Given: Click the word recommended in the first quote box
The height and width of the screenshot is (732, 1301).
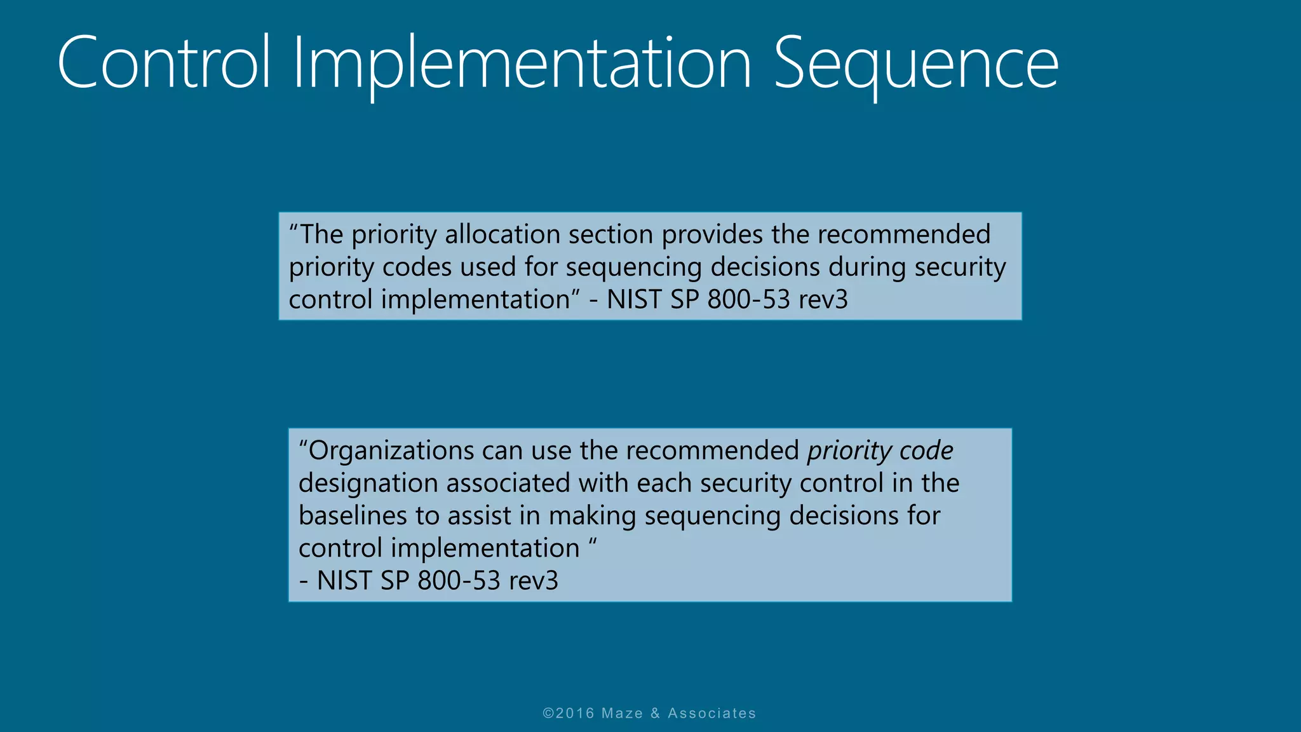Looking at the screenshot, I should [x=903, y=234].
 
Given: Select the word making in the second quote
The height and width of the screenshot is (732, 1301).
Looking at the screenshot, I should [x=592, y=515].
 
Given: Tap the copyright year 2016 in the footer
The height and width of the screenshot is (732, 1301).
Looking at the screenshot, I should [x=575, y=713].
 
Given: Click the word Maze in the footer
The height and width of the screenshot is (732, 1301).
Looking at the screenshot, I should [x=622, y=713].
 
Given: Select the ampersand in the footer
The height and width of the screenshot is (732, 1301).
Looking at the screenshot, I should [x=655, y=713].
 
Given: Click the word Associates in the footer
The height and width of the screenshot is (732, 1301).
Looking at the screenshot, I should [x=711, y=713].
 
